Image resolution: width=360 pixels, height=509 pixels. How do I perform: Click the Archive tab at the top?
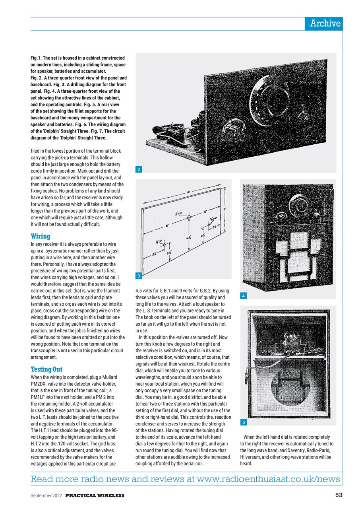click(325, 23)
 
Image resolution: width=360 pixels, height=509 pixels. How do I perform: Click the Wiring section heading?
click(41, 236)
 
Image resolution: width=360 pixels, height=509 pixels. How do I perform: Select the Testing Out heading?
click(46, 369)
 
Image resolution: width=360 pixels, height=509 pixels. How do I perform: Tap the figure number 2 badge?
click(138, 170)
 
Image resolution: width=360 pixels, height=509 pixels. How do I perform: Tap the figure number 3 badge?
click(138, 276)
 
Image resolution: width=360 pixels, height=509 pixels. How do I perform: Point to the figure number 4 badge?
click(243, 296)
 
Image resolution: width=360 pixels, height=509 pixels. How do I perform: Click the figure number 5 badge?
click(243, 422)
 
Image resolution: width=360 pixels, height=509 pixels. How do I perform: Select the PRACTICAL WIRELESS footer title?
click(95, 495)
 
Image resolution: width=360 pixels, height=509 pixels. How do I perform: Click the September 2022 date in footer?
click(46, 495)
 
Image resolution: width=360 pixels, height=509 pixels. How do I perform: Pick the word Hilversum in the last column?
click(252, 457)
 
